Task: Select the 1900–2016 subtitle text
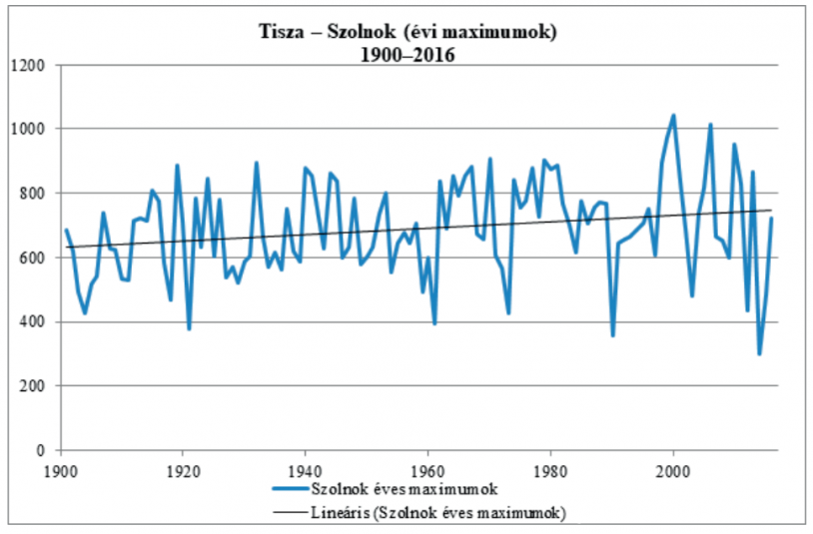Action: coord(407,55)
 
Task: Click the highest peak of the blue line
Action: coord(673,115)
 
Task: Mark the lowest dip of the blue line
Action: coord(759,354)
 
